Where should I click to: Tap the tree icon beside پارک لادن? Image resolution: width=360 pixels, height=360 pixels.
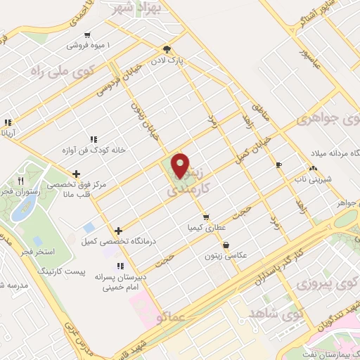(167, 49)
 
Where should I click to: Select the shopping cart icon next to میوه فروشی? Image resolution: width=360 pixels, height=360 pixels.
(86, 34)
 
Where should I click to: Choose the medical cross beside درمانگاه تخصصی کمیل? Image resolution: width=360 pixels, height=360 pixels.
(118, 231)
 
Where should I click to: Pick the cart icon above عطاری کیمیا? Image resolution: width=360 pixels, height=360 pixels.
(205, 217)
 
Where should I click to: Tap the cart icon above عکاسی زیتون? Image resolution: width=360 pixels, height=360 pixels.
(226, 245)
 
